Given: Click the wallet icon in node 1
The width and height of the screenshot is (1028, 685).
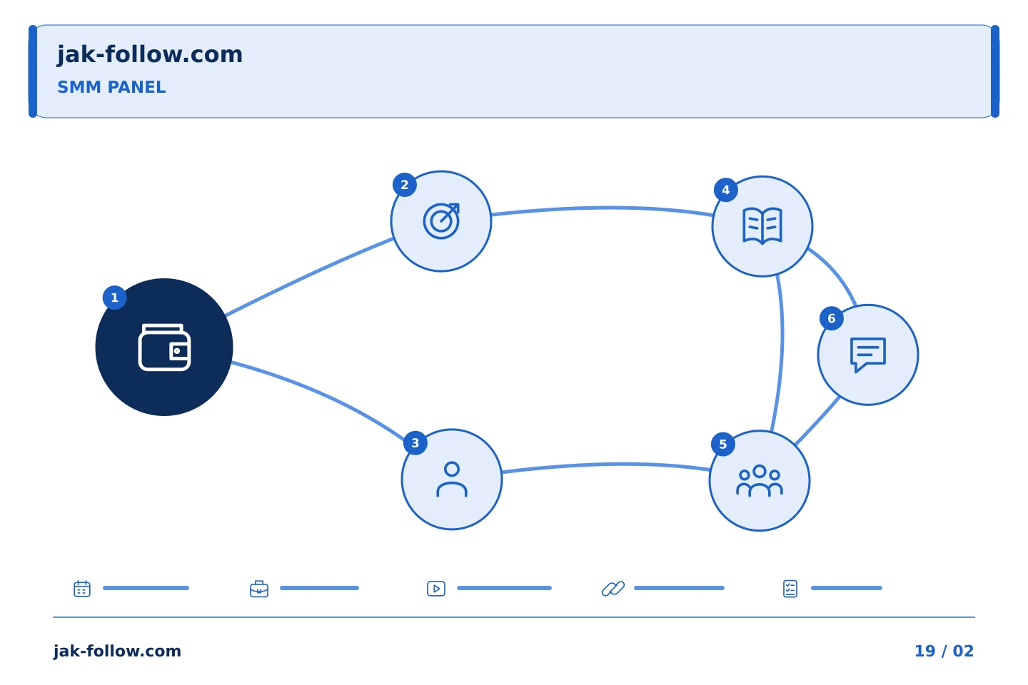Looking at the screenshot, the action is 164,347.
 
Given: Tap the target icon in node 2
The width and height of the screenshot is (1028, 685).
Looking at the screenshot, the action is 441,221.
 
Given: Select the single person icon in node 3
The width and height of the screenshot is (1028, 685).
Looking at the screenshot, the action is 452,479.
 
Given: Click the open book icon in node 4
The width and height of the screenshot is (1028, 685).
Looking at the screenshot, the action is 762,225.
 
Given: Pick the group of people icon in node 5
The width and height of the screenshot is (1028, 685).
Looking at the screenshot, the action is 760,481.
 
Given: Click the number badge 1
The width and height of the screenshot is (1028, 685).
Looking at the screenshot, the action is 115,298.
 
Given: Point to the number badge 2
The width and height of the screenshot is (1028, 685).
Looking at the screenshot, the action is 404,185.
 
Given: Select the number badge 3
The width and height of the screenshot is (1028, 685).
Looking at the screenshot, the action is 415,443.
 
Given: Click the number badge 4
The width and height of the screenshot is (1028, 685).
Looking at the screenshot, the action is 725,190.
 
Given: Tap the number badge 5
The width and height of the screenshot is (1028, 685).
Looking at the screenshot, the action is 722,444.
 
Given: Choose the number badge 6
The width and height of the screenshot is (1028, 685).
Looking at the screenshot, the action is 831,318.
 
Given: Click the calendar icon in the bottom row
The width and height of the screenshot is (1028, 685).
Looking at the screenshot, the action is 82,588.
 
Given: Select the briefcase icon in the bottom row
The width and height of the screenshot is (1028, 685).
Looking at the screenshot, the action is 259,589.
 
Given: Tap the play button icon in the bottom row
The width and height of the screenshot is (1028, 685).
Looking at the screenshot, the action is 436,589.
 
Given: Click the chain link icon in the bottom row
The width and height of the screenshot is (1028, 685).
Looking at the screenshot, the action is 613,589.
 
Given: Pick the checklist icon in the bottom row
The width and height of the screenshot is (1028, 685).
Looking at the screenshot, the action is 790,589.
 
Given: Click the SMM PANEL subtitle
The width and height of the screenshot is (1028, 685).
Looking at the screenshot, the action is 111,87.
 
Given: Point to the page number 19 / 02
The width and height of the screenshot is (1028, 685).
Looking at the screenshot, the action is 944,651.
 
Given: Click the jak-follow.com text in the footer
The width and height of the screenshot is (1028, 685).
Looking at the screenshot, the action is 117,651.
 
